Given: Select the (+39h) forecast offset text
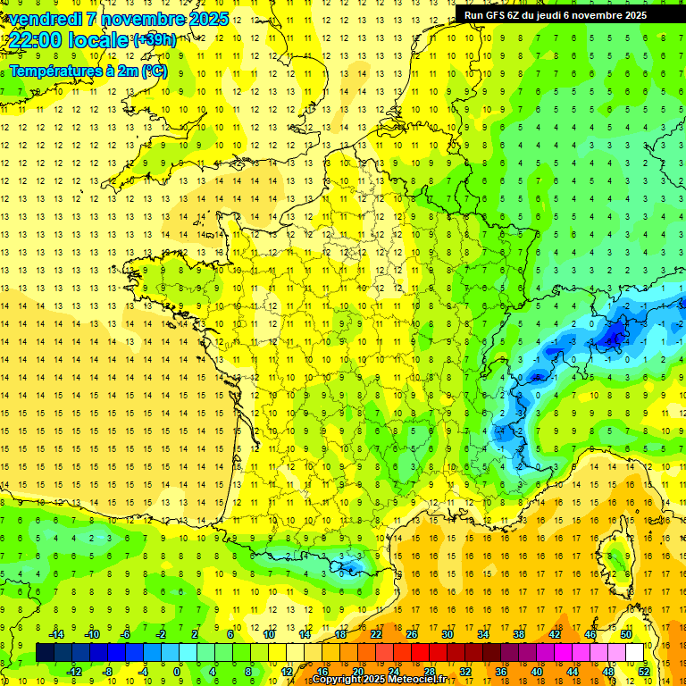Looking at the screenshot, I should pos(155,40).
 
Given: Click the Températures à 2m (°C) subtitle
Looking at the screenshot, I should pos(88,71).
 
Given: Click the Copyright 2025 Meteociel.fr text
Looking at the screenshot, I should pos(380,680).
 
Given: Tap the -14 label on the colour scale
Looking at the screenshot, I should pos(58,634).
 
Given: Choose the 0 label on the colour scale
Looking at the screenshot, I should pos(178,671).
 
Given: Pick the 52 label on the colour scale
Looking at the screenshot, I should pos(643,671).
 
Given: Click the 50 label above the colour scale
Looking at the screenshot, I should pos(625,634).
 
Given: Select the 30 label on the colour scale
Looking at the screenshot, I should pos(447,634).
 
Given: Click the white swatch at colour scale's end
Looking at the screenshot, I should pos(634,653).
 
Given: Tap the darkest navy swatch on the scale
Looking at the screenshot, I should pos(45,653).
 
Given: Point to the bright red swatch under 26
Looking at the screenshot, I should pos(420,653).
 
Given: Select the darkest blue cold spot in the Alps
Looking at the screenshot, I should pos(613,337).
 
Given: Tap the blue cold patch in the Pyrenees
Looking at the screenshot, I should pos(350,565).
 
